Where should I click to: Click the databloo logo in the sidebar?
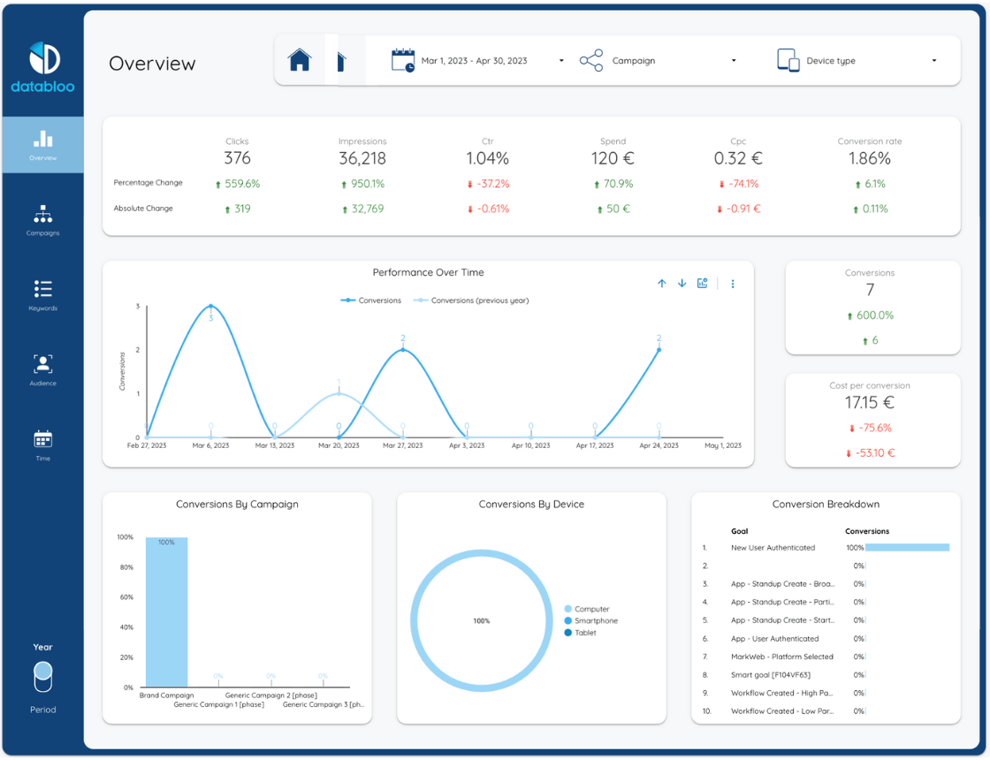click(x=43, y=67)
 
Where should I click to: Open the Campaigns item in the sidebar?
click(x=42, y=220)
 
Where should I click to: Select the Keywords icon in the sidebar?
click(x=42, y=290)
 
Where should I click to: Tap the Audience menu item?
click(x=42, y=369)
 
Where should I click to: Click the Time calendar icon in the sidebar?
click(x=42, y=439)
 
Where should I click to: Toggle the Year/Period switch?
click(x=42, y=678)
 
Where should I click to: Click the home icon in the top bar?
click(x=300, y=60)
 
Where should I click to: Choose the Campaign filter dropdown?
click(x=659, y=61)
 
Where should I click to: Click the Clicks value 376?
click(x=237, y=159)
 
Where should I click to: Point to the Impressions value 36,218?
click(x=362, y=159)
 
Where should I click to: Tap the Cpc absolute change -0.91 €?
click(x=738, y=209)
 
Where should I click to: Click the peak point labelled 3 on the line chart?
click(x=210, y=307)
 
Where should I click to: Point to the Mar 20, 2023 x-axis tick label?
click(x=339, y=445)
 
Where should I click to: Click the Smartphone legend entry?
click(x=596, y=621)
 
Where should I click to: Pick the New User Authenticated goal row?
click(x=773, y=548)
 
